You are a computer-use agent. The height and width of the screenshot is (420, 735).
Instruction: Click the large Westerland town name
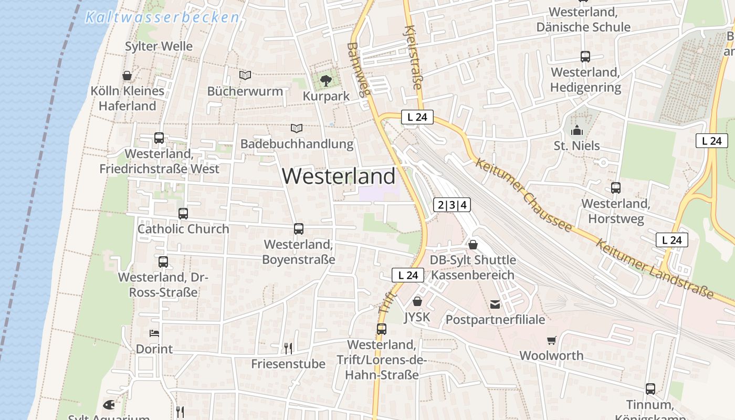tap(339, 176)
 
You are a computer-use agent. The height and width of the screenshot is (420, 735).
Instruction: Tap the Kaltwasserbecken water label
tap(162, 17)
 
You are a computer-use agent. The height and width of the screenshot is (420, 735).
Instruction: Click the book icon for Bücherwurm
tap(245, 75)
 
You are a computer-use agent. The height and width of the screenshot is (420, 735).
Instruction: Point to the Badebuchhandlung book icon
tap(297, 128)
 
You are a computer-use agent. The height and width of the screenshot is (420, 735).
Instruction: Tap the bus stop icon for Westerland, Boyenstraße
tap(299, 229)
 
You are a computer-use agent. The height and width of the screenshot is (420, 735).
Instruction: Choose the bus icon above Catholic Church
tap(183, 214)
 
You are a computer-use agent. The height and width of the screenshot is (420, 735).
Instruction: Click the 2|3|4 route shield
tap(452, 205)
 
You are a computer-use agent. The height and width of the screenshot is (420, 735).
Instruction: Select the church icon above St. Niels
tap(577, 130)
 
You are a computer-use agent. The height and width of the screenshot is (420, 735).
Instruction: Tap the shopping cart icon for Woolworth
tap(551, 341)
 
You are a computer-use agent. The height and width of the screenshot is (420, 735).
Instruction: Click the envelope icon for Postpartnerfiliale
tap(495, 304)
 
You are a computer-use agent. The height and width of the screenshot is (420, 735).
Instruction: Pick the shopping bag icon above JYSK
tap(417, 301)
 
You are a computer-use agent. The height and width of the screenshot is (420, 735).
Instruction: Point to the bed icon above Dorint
tap(154, 333)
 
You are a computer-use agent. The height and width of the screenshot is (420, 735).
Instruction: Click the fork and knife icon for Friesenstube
tap(288, 348)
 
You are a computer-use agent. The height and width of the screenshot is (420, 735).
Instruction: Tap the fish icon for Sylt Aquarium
tap(109, 405)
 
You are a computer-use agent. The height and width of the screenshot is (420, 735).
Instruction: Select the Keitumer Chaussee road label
tap(523, 195)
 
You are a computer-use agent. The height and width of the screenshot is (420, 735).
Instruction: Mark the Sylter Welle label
tap(159, 46)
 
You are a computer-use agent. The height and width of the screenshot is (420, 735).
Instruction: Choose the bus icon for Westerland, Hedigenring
tap(585, 57)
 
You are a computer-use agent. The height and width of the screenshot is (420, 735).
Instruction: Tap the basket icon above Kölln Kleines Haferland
tap(127, 76)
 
